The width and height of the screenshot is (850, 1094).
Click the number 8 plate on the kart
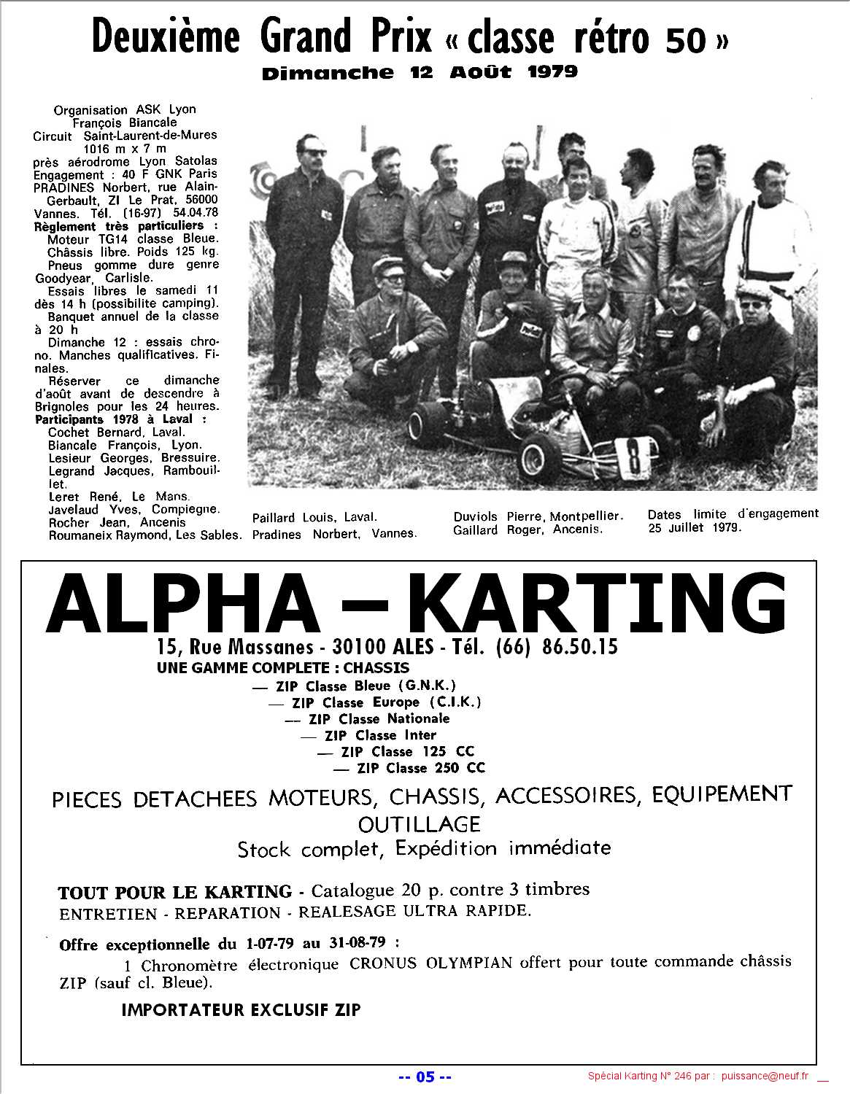(x=633, y=457)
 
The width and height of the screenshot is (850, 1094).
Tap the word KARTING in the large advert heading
(x=595, y=604)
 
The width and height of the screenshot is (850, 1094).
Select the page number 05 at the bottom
(x=425, y=1077)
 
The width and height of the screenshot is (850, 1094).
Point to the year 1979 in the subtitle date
(x=552, y=71)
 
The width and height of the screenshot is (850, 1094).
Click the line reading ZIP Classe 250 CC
(x=420, y=768)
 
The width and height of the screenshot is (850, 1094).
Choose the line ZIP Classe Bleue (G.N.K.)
(x=365, y=686)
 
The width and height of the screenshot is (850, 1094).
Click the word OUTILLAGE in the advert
(x=419, y=824)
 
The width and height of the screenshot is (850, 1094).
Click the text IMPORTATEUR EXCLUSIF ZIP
(x=241, y=1010)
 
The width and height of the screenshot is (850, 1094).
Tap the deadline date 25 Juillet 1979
(x=694, y=527)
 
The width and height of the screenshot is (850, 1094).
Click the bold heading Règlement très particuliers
(x=118, y=226)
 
